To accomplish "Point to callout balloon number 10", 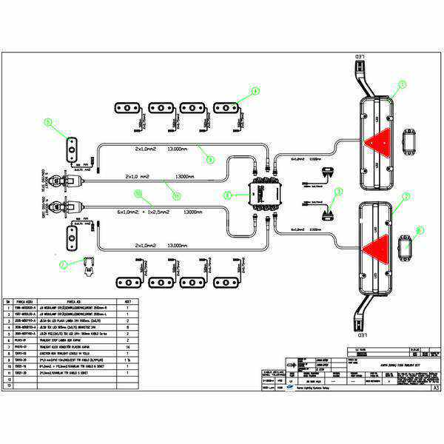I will pos(138,193).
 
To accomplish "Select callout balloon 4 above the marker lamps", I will pos(255,91).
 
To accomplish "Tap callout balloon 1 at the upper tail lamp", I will pos(402,85).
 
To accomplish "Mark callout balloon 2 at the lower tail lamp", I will pos(406,197).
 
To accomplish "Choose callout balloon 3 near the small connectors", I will pos(339,192).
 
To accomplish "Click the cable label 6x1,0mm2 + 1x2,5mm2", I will pos(144,212).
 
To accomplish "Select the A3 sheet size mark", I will pos(436,386).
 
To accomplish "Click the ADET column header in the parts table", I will pos(129,302).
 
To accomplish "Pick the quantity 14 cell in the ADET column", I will pos(129,346).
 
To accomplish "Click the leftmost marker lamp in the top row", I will pos(127,108).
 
